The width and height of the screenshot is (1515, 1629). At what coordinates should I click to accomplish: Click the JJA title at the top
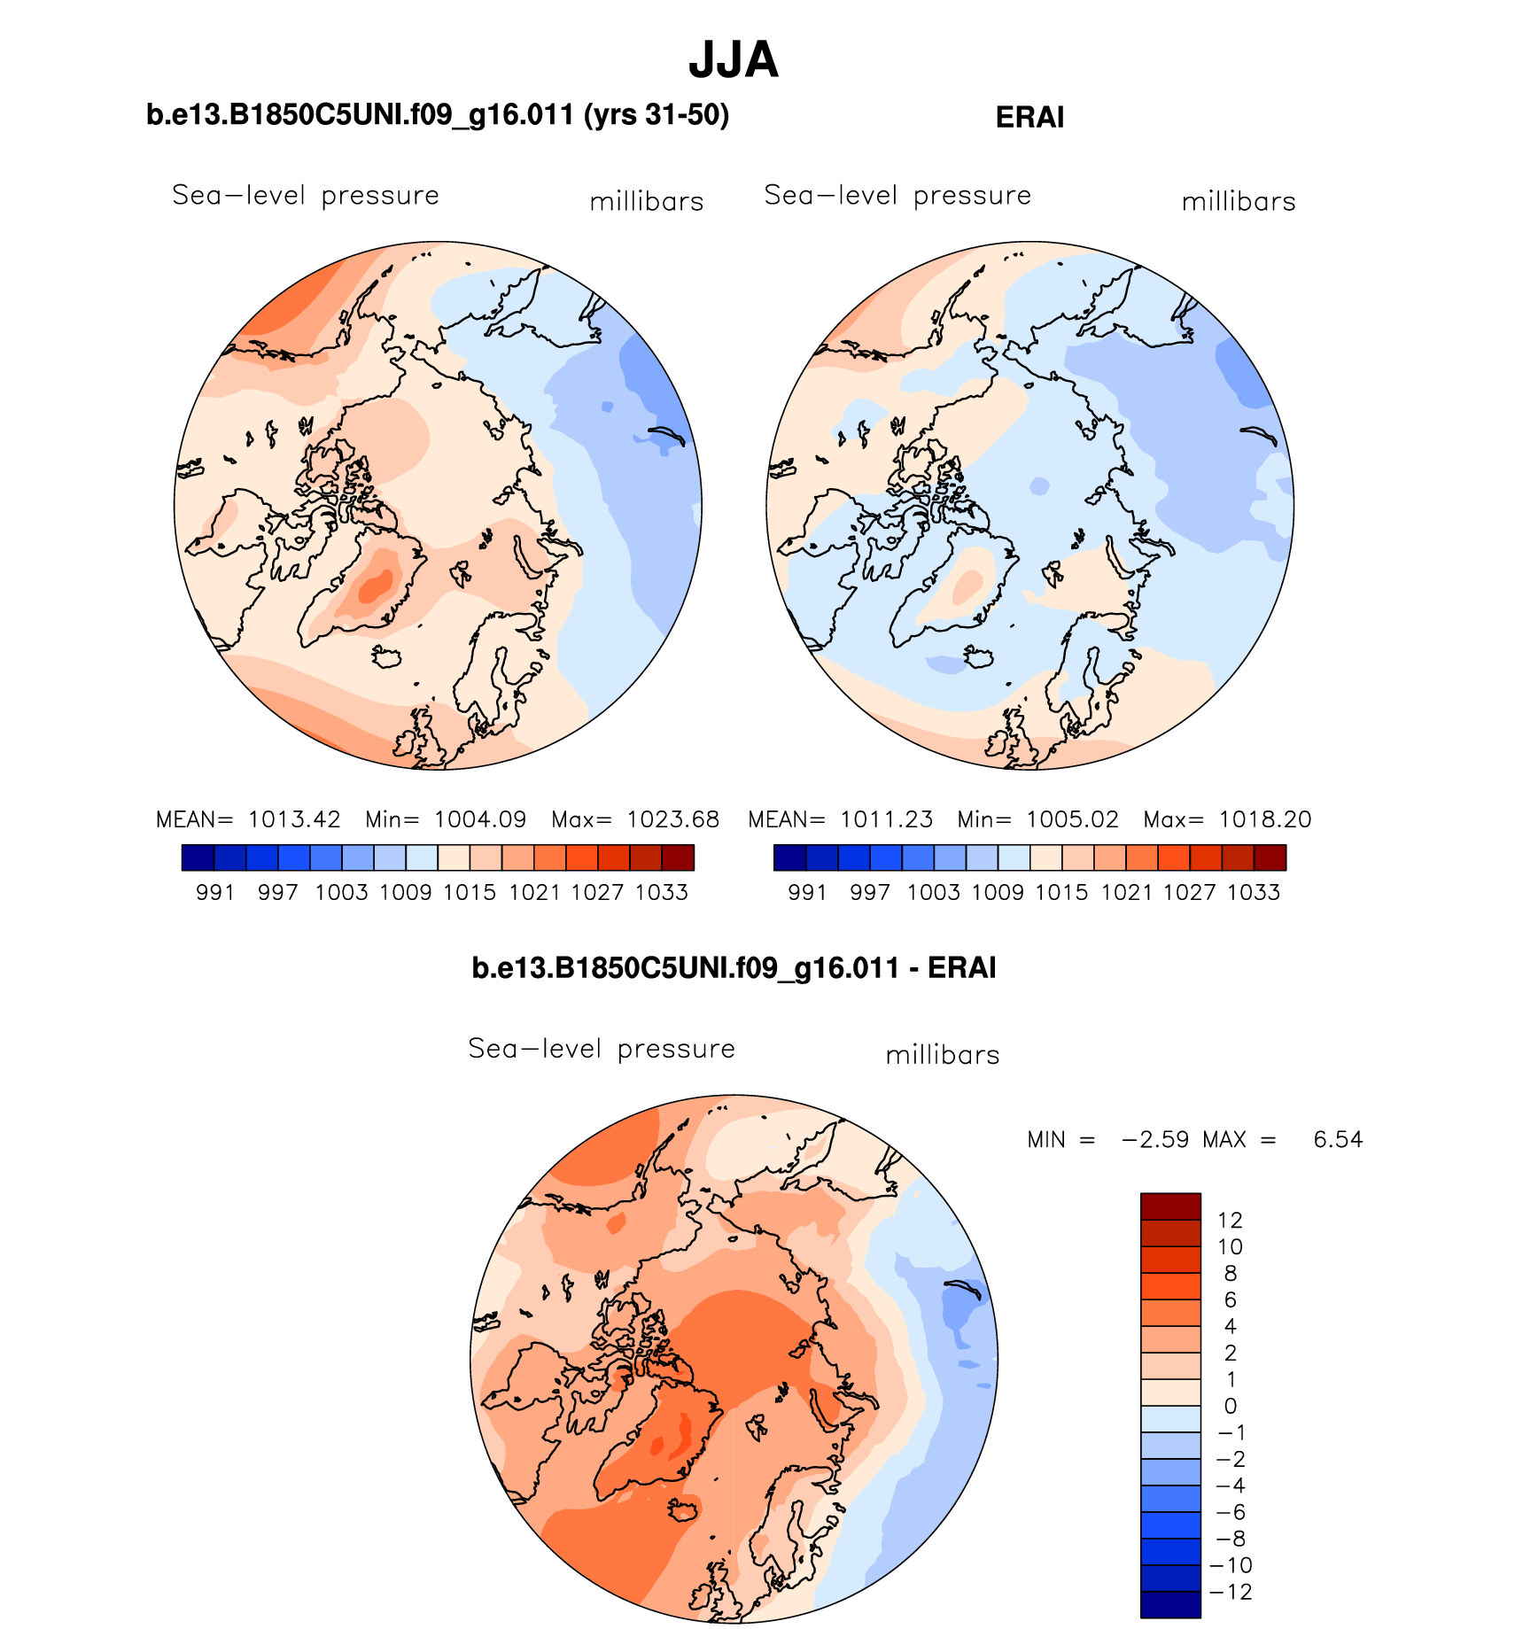tap(734, 60)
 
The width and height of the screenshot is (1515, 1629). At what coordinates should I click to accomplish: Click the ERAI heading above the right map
tap(1029, 118)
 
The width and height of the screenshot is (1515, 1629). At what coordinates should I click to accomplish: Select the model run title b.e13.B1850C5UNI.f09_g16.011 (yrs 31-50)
tap(438, 115)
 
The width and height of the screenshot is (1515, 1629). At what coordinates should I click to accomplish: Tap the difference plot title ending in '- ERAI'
tap(734, 967)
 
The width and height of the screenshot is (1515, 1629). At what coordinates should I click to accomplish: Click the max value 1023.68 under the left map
tap(673, 819)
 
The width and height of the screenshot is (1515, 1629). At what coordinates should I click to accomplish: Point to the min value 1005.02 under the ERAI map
tap(1072, 819)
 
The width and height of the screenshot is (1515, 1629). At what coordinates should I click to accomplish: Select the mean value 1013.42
tap(294, 819)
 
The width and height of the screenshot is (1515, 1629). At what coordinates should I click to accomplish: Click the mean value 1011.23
tap(886, 819)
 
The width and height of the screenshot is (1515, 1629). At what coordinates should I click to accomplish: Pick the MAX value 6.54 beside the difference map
tap(1338, 1139)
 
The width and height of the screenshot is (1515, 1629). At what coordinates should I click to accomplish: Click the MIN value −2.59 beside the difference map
tap(1155, 1139)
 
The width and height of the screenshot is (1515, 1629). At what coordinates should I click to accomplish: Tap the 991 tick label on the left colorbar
tap(215, 893)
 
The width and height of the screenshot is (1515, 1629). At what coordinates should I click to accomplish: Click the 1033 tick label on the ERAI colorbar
tap(1254, 893)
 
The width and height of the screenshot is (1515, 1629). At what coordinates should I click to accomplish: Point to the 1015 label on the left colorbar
tap(470, 893)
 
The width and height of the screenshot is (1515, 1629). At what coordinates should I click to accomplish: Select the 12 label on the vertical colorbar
tap(1230, 1221)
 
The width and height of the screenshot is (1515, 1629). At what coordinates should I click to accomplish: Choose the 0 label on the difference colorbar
tap(1230, 1406)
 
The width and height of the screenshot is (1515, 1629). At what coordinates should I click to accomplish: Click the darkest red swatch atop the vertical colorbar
tap(1170, 1206)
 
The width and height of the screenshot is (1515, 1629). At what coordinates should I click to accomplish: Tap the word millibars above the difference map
tap(943, 1055)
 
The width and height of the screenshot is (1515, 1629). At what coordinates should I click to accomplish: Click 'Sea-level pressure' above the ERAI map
tap(897, 196)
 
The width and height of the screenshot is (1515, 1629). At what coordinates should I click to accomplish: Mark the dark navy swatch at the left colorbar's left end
tap(198, 857)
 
